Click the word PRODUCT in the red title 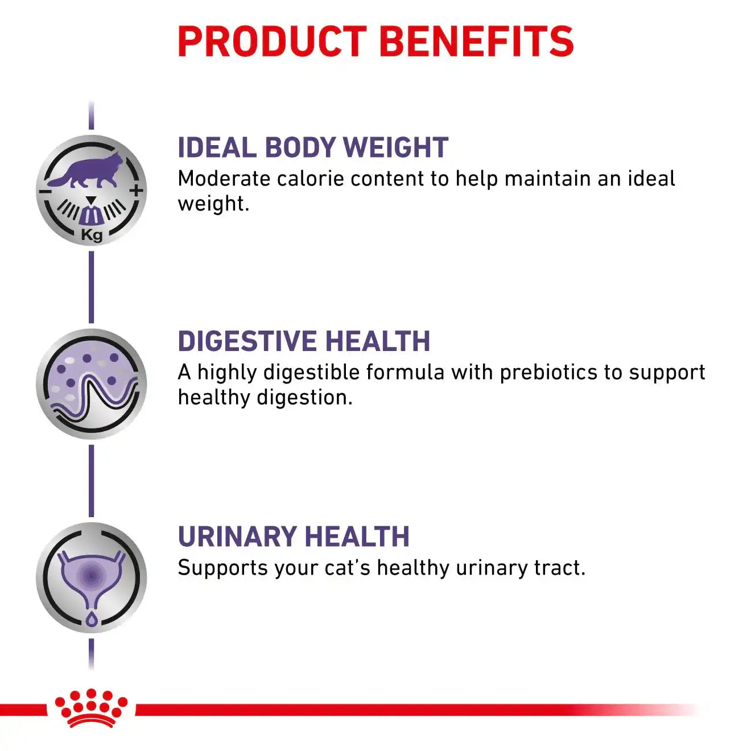(x=272, y=42)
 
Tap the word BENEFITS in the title (x=476, y=42)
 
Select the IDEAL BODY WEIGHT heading (x=313, y=148)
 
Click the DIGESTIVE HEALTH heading (x=304, y=341)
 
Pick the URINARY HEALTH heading (x=294, y=537)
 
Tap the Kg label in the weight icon (x=92, y=235)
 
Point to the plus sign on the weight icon (x=136, y=191)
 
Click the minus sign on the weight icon (x=46, y=191)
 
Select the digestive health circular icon (x=92, y=384)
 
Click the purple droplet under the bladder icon (x=92, y=619)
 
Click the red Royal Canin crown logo (x=91, y=708)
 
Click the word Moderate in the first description (x=224, y=179)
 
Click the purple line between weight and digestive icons (x=92, y=287)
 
